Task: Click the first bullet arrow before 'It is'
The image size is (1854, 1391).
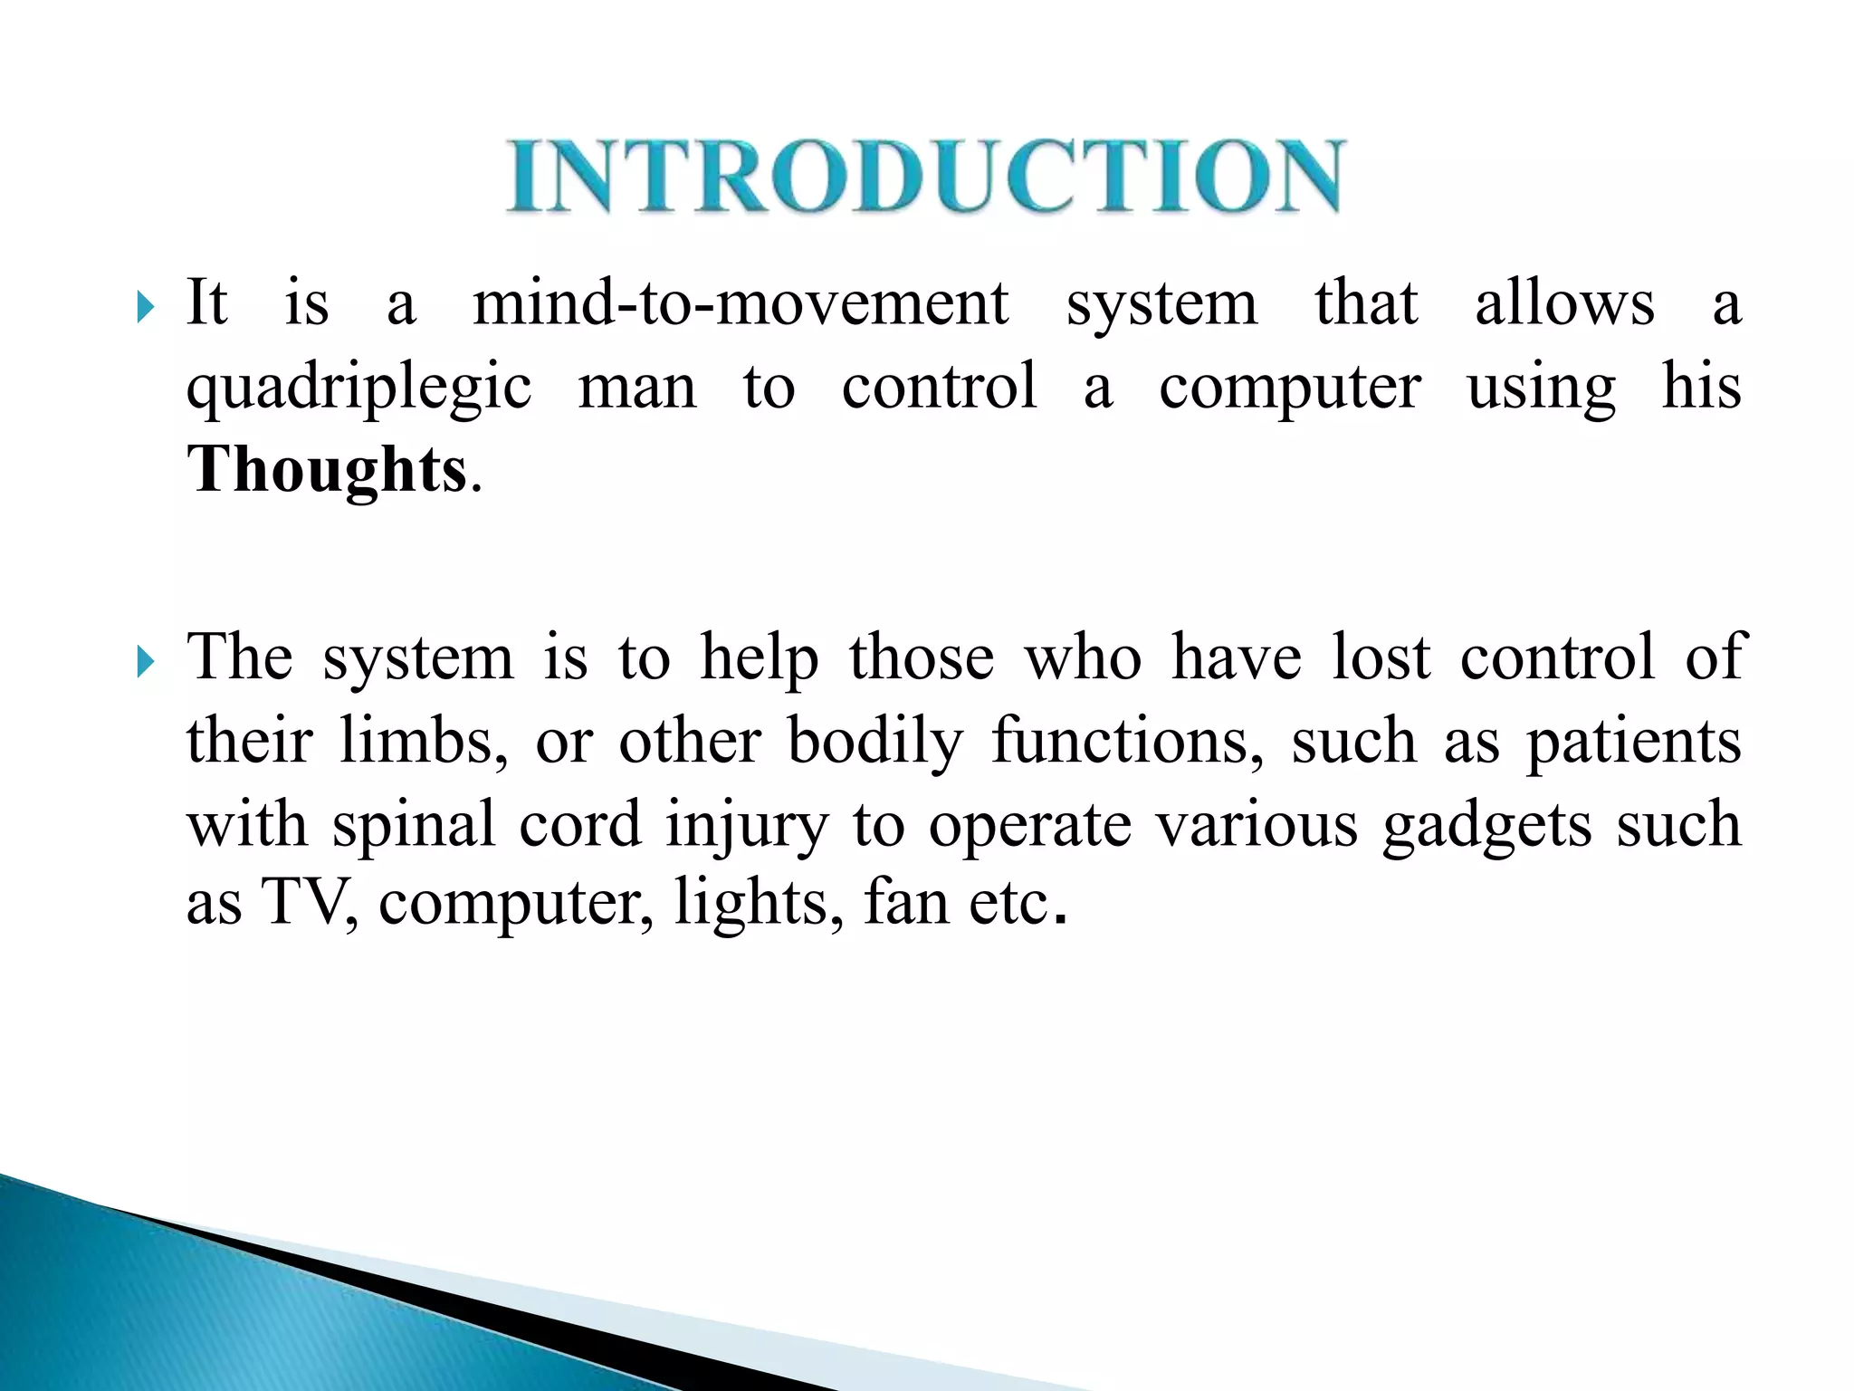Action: pos(146,308)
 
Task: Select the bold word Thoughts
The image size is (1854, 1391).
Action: pos(327,471)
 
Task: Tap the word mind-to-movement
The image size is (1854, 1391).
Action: pos(740,304)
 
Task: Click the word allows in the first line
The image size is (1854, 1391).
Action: pos(1564,304)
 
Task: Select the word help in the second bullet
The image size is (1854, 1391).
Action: pos(760,658)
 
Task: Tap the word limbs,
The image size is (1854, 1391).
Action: pos(424,742)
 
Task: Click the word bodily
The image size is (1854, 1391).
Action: pos(875,742)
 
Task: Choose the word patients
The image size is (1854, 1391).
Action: pos(1633,742)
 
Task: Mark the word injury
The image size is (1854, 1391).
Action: pos(747,825)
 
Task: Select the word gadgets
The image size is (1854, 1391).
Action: pos(1486,825)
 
